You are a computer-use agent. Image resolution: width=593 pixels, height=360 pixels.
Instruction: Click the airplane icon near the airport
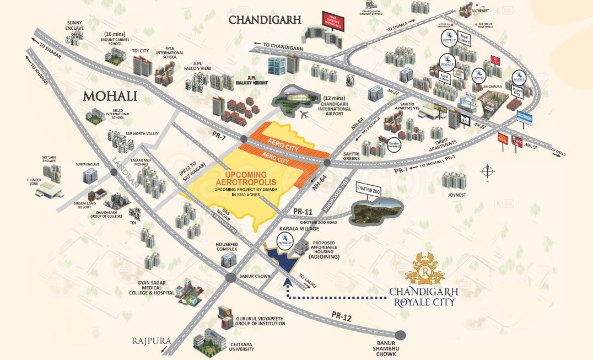point(305,114)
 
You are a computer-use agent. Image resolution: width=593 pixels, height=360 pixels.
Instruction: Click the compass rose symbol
point(488,171)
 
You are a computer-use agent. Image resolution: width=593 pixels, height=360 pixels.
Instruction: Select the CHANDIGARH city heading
point(265,20)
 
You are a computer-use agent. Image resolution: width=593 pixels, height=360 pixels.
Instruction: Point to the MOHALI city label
point(110,97)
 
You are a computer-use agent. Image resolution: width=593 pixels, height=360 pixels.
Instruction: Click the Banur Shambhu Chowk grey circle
point(400,334)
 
